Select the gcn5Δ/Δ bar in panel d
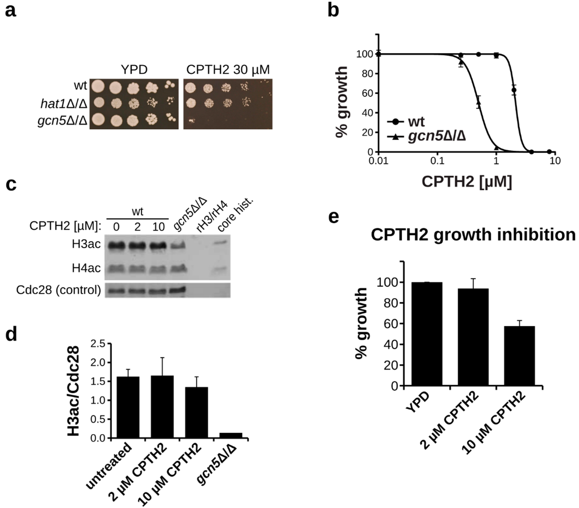pos(231,435)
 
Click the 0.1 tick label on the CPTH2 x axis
pos(437,161)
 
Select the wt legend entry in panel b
pos(406,122)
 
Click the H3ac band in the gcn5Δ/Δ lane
pos(178,245)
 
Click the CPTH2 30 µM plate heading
pos(228,70)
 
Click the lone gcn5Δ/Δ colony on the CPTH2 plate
pos(191,121)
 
